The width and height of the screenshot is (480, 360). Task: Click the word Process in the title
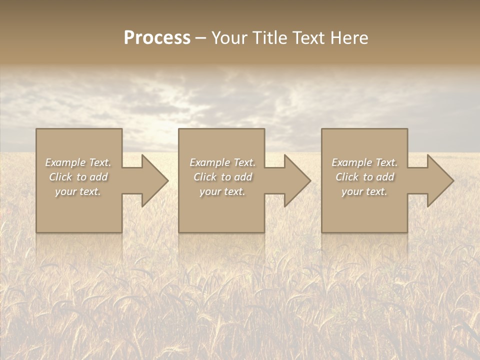157,38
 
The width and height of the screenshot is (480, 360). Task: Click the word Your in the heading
230,38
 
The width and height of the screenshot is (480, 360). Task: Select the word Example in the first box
65,162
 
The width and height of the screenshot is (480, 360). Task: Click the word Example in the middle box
209,162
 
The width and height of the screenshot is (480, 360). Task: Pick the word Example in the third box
351,162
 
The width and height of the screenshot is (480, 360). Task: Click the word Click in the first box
60,177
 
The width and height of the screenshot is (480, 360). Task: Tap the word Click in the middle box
205,177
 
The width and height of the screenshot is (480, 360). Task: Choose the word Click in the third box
347,177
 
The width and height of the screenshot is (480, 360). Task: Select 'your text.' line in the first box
78,191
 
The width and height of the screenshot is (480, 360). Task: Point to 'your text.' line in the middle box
222,191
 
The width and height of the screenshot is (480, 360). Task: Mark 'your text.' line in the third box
364,191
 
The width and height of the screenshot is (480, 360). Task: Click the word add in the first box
98,177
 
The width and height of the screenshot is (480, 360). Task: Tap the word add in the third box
385,177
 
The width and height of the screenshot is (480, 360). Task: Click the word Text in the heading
307,38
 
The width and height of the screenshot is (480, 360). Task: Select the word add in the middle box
243,177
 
